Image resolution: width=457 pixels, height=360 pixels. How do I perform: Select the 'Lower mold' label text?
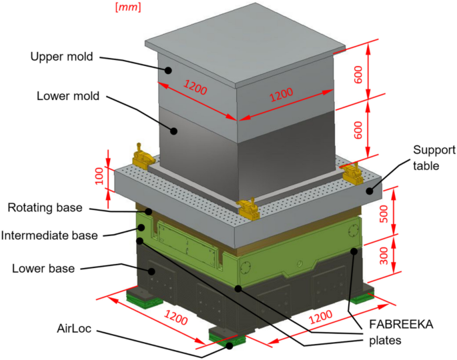68,96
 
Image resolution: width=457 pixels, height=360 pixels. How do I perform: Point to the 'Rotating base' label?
45,208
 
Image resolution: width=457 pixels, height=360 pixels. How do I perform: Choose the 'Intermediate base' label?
49,235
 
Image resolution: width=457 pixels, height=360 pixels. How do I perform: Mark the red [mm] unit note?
127,7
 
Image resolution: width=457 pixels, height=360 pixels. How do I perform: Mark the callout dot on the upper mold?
169,69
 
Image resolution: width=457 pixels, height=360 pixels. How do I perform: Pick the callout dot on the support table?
369,191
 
